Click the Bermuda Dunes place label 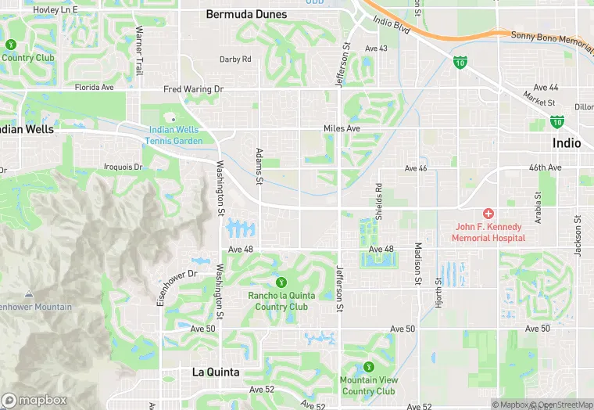pos(246,14)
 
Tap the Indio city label pos(567,143)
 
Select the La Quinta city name pos(216,372)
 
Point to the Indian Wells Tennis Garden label pos(173,135)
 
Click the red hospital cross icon pos(488,213)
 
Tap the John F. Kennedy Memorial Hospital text pos(489,232)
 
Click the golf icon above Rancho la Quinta pos(281,282)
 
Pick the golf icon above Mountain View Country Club pos(368,367)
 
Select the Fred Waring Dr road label pos(193,90)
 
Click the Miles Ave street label pos(342,128)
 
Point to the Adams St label pos(259,166)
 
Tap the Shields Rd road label pos(378,202)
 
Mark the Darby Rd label pos(235,59)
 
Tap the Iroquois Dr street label pos(123,167)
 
